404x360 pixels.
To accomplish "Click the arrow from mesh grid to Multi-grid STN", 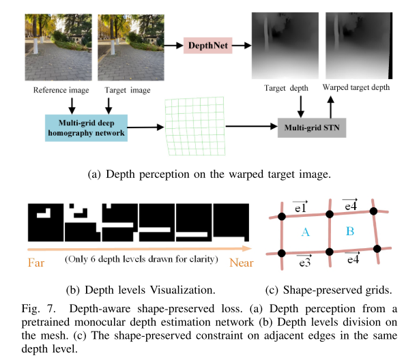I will (250, 127).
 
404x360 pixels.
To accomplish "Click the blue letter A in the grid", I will (305, 233).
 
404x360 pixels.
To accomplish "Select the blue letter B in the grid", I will (350, 232).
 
